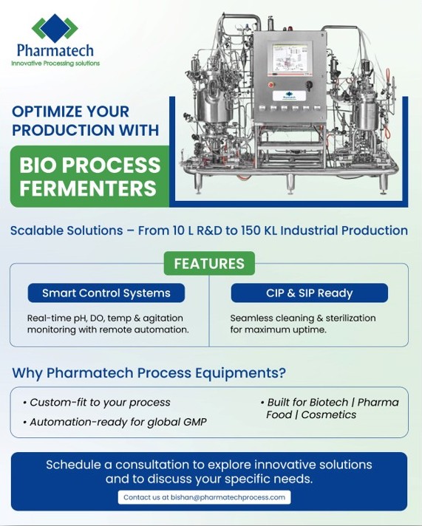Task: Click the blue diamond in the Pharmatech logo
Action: click(x=55, y=26)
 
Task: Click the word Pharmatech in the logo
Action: click(x=55, y=51)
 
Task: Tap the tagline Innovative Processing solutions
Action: click(x=55, y=63)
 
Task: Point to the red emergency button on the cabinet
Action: click(x=271, y=85)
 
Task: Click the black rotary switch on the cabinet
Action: click(x=309, y=85)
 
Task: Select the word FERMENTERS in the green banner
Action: click(x=88, y=188)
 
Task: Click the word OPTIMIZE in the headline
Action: click(x=48, y=112)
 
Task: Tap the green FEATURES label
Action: click(x=209, y=263)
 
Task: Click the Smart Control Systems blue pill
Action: click(x=106, y=293)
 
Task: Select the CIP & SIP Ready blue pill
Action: click(x=309, y=293)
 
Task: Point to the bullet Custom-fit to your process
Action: click(x=97, y=402)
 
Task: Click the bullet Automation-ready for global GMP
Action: click(x=115, y=422)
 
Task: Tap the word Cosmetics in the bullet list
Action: click(x=329, y=414)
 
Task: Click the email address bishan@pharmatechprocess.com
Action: click(x=228, y=497)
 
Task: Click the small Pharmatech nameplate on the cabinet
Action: click(x=289, y=96)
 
